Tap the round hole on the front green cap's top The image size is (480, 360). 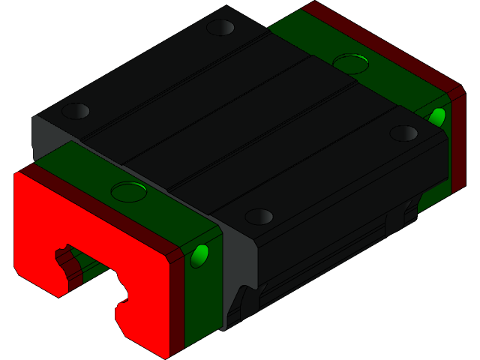128,190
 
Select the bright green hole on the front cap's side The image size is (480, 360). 199,256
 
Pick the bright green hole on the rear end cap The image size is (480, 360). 437,116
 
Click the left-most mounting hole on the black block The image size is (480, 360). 75,112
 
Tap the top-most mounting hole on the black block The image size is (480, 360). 220,28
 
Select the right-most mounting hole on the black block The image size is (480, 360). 403,133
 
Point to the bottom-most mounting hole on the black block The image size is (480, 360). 259,217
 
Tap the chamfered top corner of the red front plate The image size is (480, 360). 18,177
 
